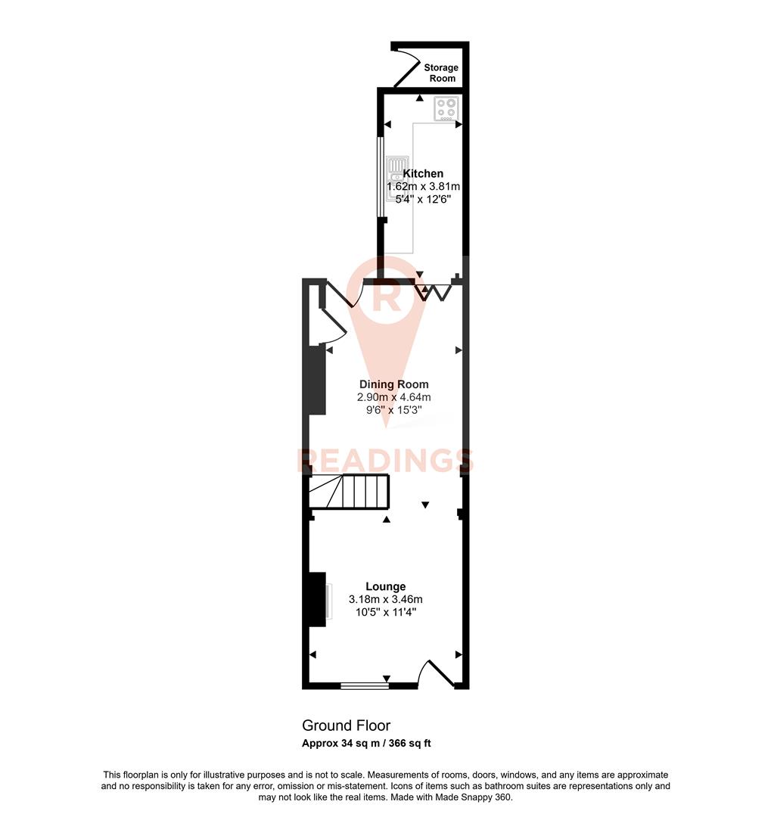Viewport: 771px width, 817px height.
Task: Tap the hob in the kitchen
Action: pos(445,109)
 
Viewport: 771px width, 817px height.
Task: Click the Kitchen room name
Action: pos(423,173)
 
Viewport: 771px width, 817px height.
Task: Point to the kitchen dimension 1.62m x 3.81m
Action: pos(423,186)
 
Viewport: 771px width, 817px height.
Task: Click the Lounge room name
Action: pos(385,586)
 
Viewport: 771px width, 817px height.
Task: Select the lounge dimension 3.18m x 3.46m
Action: pos(385,599)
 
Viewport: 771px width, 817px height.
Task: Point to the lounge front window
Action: pos(364,686)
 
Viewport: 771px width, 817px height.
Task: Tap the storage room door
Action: pos(407,64)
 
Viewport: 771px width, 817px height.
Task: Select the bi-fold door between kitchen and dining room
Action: pos(436,290)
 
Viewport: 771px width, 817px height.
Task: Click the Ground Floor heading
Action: pos(346,726)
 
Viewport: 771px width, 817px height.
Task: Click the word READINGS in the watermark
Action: pos(385,460)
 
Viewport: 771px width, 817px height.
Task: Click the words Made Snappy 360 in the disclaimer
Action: pos(478,797)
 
